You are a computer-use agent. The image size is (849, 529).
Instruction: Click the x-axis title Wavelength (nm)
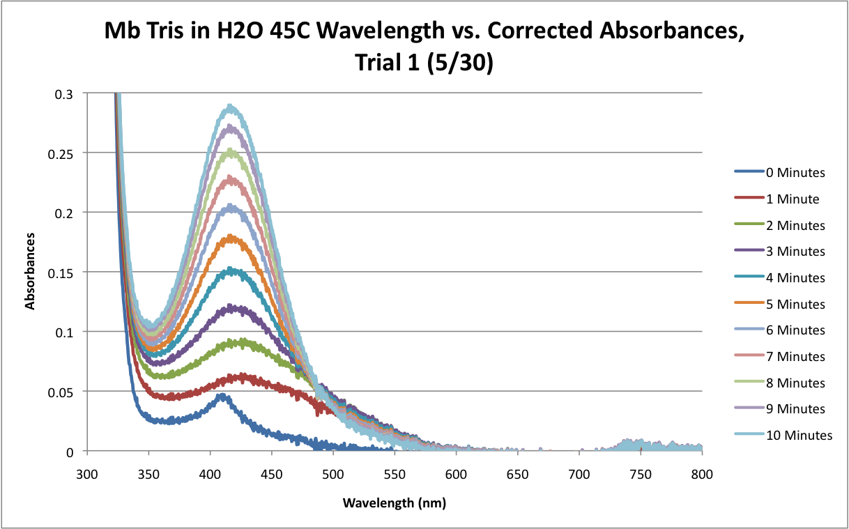pos(394,502)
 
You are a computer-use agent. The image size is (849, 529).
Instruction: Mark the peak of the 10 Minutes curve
pos(230,107)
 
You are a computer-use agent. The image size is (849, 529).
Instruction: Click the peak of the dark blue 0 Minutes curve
pos(222,395)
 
